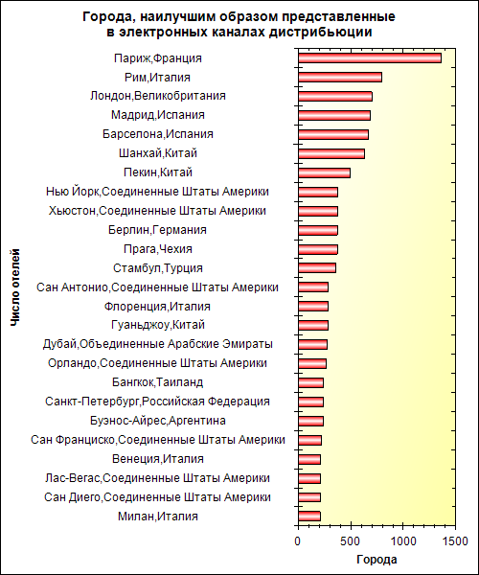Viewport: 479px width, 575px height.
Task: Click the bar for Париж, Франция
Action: coord(370,58)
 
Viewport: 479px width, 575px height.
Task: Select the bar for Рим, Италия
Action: coord(340,78)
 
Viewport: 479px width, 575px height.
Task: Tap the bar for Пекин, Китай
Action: coord(325,172)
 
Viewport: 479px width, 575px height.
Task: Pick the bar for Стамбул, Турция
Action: coord(317,268)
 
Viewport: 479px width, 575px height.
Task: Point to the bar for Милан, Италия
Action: coord(309,517)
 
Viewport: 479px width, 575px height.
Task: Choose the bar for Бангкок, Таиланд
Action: coord(311,382)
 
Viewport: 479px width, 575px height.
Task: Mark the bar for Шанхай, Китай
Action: coord(331,153)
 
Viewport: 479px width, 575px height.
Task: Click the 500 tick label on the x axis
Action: coord(351,541)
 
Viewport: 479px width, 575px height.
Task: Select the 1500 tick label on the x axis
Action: coord(455,541)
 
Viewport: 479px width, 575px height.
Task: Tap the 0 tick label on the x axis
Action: coord(298,541)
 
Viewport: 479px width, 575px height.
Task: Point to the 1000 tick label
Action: coord(402,541)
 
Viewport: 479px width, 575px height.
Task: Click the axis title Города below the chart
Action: coord(376,560)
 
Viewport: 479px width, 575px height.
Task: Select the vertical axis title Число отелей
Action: coord(15,287)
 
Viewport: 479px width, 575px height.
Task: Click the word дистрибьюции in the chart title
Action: coord(321,33)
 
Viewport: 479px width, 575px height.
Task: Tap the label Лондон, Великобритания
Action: coord(158,96)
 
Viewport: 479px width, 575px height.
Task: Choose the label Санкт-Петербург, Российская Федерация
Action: coord(157,402)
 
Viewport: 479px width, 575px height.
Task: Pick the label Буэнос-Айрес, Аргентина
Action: coord(158,421)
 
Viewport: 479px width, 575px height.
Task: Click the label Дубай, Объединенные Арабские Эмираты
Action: coord(158,344)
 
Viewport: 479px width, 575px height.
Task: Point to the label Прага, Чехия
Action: coord(158,249)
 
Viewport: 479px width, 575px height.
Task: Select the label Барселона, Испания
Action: coord(158,134)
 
